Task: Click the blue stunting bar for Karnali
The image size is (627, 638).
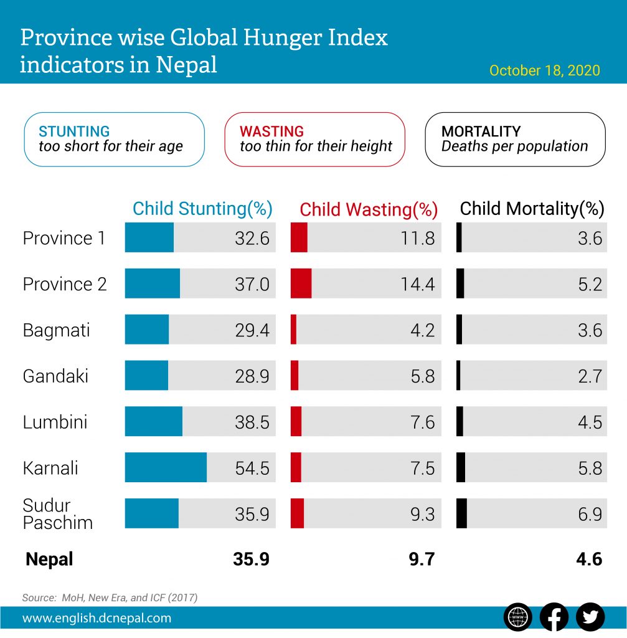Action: [x=166, y=467]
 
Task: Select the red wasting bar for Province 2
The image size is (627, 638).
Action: [x=301, y=283]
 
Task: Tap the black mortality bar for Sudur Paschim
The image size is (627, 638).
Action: [x=461, y=513]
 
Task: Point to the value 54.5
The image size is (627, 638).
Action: [x=252, y=468]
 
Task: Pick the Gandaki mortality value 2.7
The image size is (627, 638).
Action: [x=590, y=376]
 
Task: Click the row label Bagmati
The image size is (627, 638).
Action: [x=56, y=330]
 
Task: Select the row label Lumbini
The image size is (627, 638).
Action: [x=55, y=422]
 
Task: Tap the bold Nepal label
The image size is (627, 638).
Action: [x=49, y=559]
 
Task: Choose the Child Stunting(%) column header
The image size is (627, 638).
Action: [x=202, y=209]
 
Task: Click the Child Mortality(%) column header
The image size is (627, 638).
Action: [x=532, y=209]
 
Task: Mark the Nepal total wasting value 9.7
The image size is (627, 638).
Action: [x=422, y=559]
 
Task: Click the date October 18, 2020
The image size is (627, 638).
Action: [x=544, y=70]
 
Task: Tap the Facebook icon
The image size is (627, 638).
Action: [x=554, y=617]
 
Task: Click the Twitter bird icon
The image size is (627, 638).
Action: [x=590, y=617]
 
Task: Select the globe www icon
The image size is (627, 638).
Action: [x=518, y=617]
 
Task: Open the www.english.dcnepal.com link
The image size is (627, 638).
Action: [x=97, y=619]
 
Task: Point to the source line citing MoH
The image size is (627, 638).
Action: [x=110, y=598]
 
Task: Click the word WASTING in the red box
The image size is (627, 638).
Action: [x=271, y=131]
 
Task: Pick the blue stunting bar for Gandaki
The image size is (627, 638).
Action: [x=146, y=375]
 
